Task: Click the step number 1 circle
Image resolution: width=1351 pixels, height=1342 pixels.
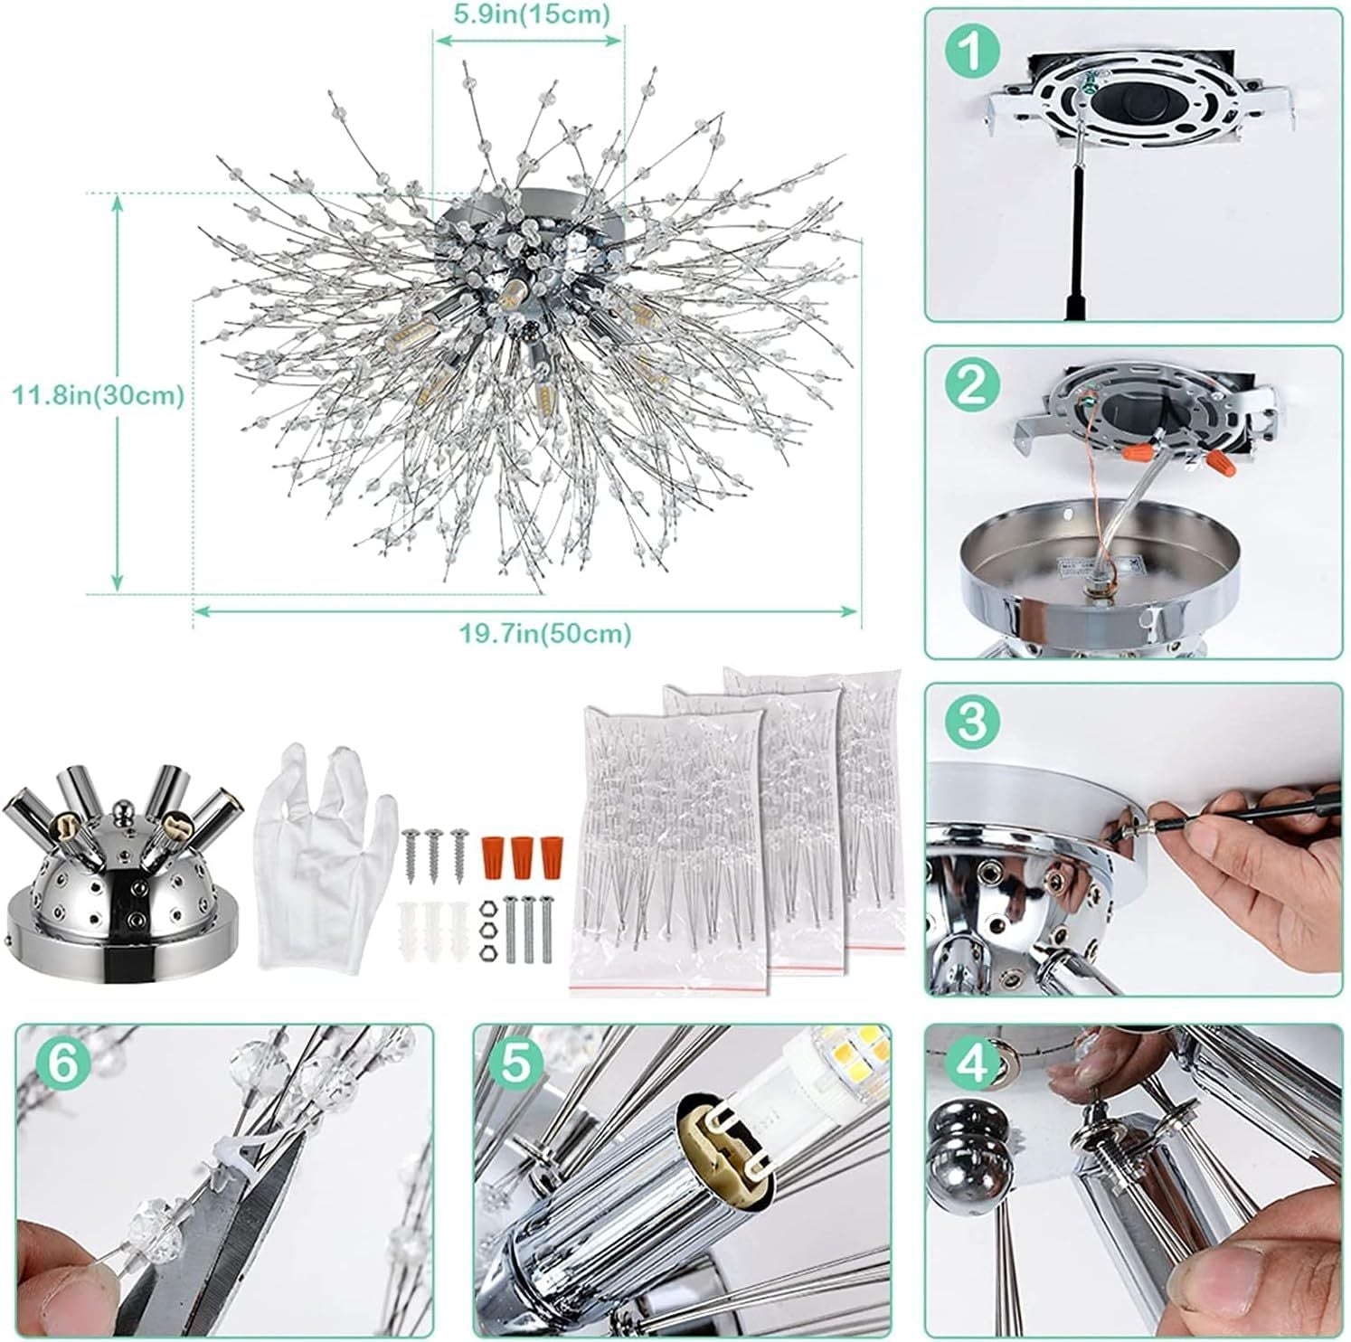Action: pyautogui.click(x=972, y=52)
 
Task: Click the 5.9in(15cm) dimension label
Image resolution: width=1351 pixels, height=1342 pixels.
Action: pyautogui.click(x=530, y=14)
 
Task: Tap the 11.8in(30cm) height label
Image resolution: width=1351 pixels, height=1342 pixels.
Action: pyautogui.click(x=98, y=395)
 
